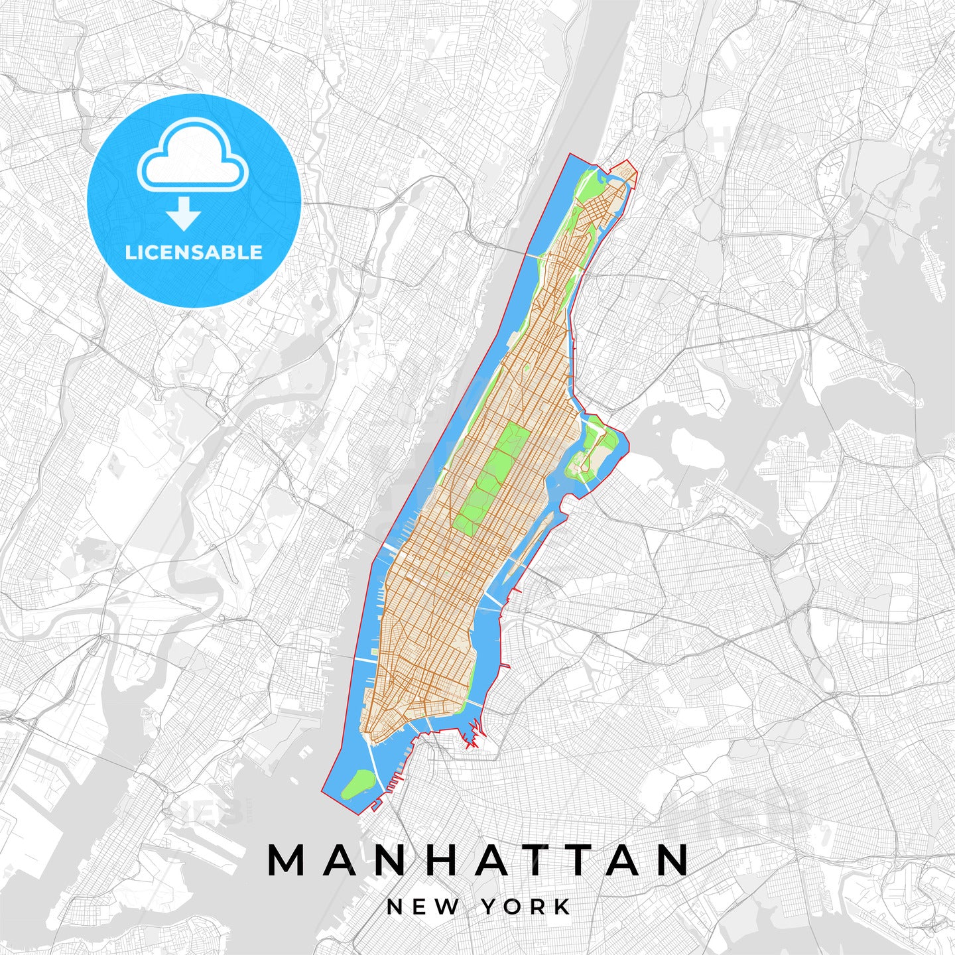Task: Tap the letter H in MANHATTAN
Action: point(440,861)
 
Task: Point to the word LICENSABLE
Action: point(194,253)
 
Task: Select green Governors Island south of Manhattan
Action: point(358,784)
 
